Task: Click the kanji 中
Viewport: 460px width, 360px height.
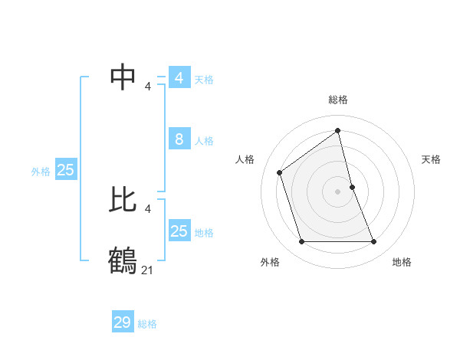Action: pyautogui.click(x=123, y=77)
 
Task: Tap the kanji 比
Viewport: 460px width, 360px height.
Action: pyautogui.click(x=123, y=201)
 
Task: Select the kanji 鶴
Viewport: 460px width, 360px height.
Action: pyautogui.click(x=123, y=260)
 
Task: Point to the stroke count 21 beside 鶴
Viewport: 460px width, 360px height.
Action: pyautogui.click(x=147, y=270)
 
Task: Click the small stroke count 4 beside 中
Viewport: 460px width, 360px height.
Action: pyautogui.click(x=148, y=87)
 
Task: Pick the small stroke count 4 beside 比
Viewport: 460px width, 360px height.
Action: pyautogui.click(x=148, y=209)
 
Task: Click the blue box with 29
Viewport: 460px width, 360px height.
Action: pyautogui.click(x=123, y=322)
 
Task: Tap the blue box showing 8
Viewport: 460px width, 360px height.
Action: pyautogui.click(x=179, y=139)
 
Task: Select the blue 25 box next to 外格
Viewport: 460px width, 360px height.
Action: pyautogui.click(x=65, y=170)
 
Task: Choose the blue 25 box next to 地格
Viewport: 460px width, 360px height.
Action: pyautogui.click(x=179, y=231)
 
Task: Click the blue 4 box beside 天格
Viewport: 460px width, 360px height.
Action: pyautogui.click(x=179, y=78)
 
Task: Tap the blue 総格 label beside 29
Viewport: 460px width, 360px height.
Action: pyautogui.click(x=147, y=324)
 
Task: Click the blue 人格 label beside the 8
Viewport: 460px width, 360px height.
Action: pyautogui.click(x=204, y=141)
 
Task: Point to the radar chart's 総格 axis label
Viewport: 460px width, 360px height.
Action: pyautogui.click(x=338, y=100)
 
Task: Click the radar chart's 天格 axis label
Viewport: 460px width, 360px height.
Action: pyautogui.click(x=431, y=159)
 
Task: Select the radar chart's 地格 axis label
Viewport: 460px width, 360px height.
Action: pyautogui.click(x=402, y=262)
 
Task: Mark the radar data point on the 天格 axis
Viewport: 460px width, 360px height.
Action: pyautogui.click(x=352, y=187)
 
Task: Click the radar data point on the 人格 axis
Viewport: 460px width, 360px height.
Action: pyautogui.click(x=280, y=172)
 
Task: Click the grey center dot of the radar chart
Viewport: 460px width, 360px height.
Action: pyautogui.click(x=338, y=191)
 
